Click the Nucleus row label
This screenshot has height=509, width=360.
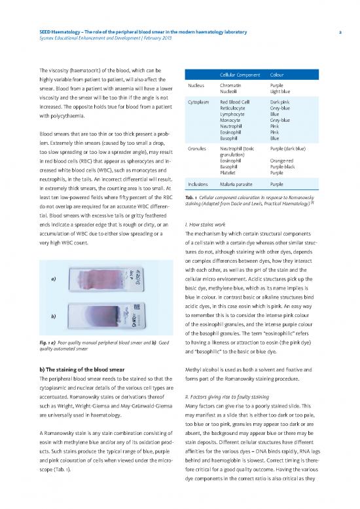(198, 85)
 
